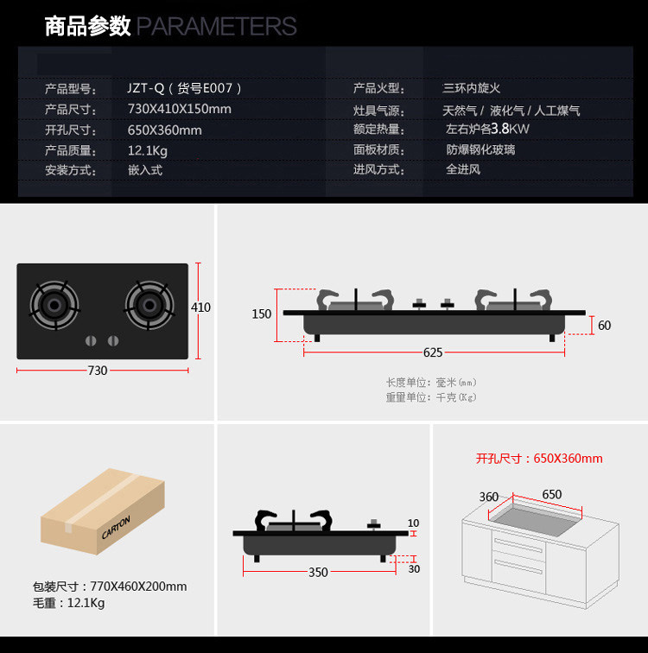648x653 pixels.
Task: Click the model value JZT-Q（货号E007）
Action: click(x=185, y=88)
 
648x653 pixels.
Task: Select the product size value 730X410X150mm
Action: click(x=180, y=109)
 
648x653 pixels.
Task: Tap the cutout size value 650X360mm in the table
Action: click(x=165, y=130)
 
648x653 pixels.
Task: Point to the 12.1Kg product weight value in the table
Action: click(x=148, y=150)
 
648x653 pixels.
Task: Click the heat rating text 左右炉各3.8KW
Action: click(x=487, y=130)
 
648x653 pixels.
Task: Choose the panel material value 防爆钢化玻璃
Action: click(x=480, y=149)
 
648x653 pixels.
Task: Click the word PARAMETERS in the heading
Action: click(x=217, y=27)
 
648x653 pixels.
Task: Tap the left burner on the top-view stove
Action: click(x=55, y=305)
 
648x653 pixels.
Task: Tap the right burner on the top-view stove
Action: click(x=149, y=305)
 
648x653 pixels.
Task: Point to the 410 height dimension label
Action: click(x=200, y=307)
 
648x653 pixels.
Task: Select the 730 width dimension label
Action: click(x=98, y=371)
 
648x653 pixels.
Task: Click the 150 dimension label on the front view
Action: click(x=262, y=314)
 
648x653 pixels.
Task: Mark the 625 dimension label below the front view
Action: click(x=433, y=352)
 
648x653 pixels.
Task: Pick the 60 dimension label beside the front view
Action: click(x=604, y=326)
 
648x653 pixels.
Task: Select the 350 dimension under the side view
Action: click(x=318, y=572)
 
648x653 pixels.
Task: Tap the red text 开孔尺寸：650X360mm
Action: click(x=539, y=459)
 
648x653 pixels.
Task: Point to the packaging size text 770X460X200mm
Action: click(x=138, y=586)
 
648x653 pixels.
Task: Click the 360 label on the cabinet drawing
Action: click(x=489, y=497)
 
